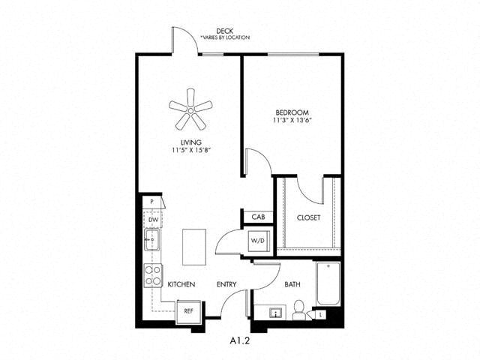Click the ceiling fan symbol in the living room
click(x=190, y=109)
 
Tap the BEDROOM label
click(x=292, y=112)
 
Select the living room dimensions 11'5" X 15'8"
click(x=191, y=150)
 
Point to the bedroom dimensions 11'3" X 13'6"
click(x=292, y=120)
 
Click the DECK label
click(x=225, y=31)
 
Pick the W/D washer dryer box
click(x=257, y=241)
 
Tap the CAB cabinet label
click(x=258, y=217)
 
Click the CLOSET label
click(x=308, y=217)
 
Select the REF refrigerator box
click(x=188, y=311)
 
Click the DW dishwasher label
click(x=153, y=220)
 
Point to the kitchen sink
click(x=152, y=240)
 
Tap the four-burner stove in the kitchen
click(x=153, y=275)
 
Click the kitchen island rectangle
click(x=194, y=247)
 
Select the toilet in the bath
click(x=298, y=310)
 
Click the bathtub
click(x=328, y=283)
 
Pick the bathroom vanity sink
click(x=277, y=313)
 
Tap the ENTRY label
click(x=226, y=284)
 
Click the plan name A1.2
click(x=240, y=340)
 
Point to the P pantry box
click(x=152, y=202)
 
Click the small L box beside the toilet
click(x=320, y=314)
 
